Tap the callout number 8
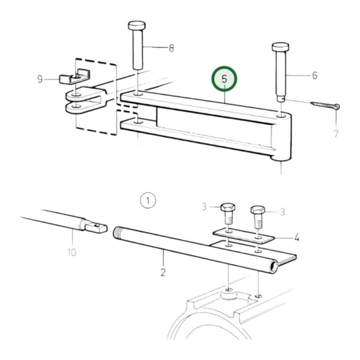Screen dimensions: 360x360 tap(171, 48)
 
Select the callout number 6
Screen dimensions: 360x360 tap(314, 76)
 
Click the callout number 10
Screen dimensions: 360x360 tap(72, 252)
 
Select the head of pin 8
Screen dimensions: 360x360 tap(137, 26)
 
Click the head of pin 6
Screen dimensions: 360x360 tap(281, 49)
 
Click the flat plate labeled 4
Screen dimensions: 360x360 tap(242, 236)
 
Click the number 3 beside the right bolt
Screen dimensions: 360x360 tap(282, 211)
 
